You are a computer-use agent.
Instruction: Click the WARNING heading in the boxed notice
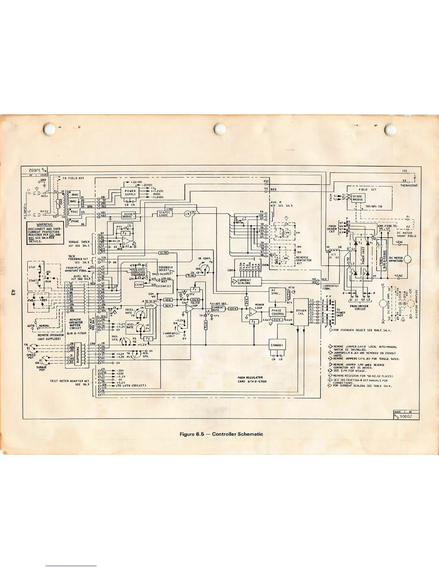(x=45, y=225)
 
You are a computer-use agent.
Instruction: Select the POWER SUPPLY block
(x=130, y=193)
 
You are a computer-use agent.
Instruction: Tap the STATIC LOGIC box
(x=165, y=214)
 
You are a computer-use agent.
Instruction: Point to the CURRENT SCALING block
(x=246, y=282)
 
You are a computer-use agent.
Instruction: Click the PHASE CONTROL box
(x=278, y=312)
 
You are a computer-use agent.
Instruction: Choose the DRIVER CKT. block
(x=301, y=312)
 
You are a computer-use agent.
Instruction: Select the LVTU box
(x=150, y=306)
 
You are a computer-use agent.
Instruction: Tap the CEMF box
(x=139, y=284)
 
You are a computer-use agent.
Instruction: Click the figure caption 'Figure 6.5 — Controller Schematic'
(x=221, y=434)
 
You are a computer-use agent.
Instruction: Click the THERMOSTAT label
(x=409, y=186)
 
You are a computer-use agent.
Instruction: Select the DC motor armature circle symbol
(x=407, y=259)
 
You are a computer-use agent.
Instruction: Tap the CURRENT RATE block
(x=218, y=309)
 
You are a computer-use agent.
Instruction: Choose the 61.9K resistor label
(x=163, y=253)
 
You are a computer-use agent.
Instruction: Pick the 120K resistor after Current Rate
(x=232, y=309)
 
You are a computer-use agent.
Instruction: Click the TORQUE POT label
(x=41, y=368)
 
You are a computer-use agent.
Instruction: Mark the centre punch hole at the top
(x=219, y=129)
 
